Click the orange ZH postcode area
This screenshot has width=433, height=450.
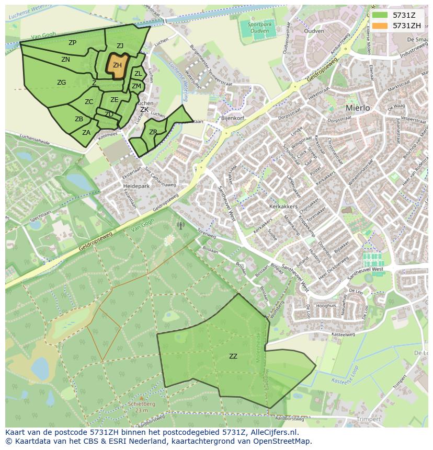(118, 65)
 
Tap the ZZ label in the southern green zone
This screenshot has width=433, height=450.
(233, 356)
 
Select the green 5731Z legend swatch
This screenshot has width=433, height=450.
(380, 15)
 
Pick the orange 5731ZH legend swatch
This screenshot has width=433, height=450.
(380, 26)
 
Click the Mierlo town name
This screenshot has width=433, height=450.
(358, 108)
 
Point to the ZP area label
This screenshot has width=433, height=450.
(72, 43)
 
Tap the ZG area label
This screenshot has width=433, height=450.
(62, 83)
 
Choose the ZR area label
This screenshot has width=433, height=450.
(153, 132)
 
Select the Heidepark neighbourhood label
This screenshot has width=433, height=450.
(136, 186)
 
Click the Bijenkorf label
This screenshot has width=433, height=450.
(233, 119)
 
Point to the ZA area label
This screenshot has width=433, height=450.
(86, 133)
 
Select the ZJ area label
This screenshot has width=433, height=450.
(120, 46)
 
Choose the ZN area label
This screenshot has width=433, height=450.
(65, 60)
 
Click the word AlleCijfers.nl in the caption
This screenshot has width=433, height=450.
(275, 433)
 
